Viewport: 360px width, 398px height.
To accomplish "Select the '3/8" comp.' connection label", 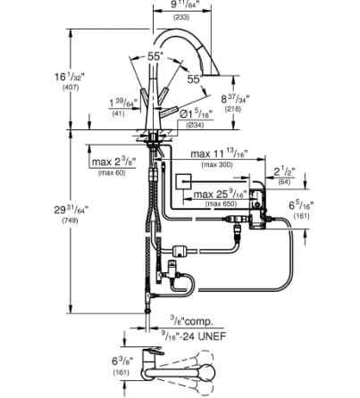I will pyautogui.click(x=189, y=319).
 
